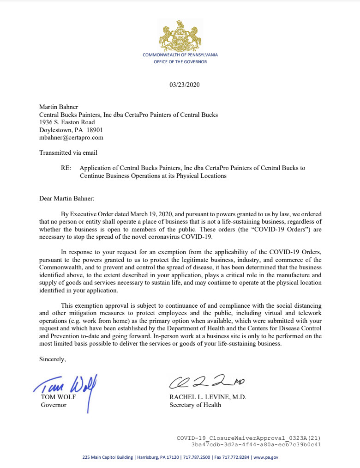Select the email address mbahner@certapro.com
coord(71,137)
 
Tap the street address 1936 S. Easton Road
coord(67,122)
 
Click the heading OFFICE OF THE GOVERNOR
coord(180,61)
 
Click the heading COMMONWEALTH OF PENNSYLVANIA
coord(180,55)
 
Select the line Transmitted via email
coord(68,152)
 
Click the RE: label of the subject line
coord(66,168)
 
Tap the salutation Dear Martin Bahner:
coord(67,199)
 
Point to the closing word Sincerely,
coord(53,359)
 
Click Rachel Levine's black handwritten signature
coord(205,383)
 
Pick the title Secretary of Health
coord(195,405)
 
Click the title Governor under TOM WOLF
coord(54,405)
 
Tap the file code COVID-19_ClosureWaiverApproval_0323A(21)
coord(249,437)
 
